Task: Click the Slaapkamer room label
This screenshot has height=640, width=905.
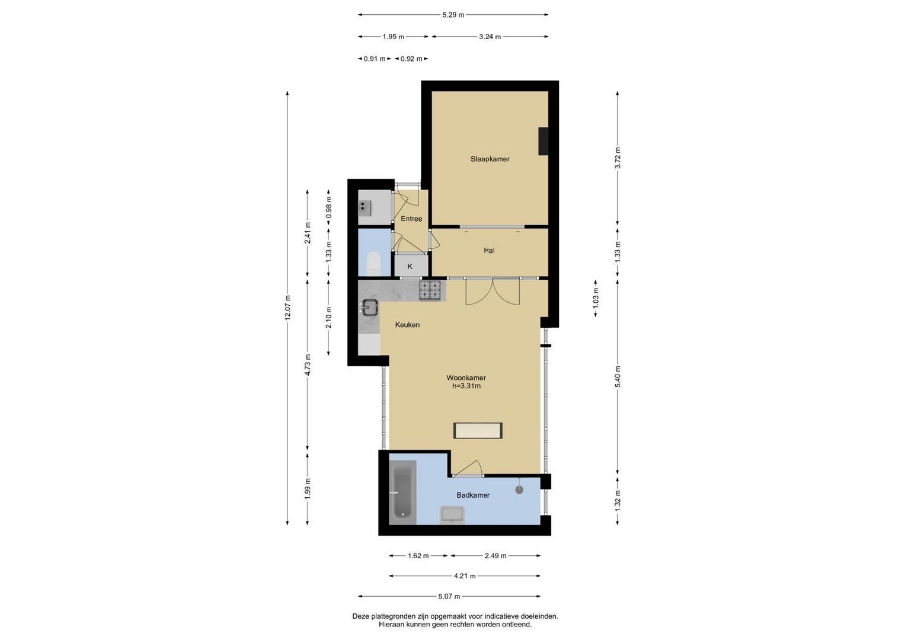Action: click(490, 159)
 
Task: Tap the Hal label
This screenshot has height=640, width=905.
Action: click(490, 251)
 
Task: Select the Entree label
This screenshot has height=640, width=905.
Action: click(411, 219)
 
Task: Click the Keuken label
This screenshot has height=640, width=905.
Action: click(407, 325)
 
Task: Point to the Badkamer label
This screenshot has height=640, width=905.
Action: click(473, 495)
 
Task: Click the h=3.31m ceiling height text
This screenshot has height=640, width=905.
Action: click(466, 386)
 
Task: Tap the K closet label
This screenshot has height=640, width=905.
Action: click(410, 267)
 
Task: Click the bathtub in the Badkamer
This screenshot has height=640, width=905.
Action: click(402, 492)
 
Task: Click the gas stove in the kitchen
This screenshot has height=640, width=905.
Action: click(430, 290)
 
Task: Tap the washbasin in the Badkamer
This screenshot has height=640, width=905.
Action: click(452, 515)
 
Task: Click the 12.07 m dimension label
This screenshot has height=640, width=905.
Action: click(287, 308)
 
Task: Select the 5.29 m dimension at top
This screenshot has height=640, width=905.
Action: click(453, 15)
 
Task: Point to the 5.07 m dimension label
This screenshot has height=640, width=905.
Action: click(449, 596)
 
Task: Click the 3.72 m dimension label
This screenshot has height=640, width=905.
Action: click(618, 158)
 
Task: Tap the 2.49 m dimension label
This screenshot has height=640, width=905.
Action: click(495, 556)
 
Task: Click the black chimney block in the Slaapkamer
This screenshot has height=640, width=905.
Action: click(543, 141)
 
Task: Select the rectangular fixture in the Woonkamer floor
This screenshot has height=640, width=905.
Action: click(478, 430)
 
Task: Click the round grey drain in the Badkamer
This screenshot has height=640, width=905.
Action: click(519, 489)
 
